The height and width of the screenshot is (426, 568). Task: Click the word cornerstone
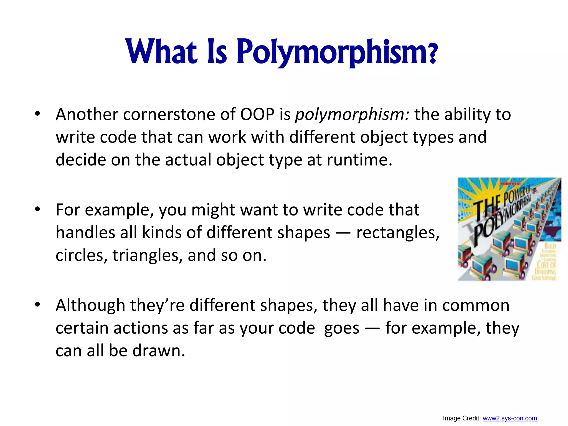click(x=169, y=114)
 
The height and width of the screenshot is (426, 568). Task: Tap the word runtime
click(x=359, y=160)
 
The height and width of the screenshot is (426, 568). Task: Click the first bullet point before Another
click(x=37, y=114)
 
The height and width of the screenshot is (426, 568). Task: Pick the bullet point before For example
click(x=37, y=209)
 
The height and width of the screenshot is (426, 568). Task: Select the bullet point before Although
click(x=37, y=305)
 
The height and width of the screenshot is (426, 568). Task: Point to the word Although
click(x=90, y=305)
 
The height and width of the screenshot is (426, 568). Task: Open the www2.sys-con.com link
click(x=510, y=418)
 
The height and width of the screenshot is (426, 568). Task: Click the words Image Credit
click(x=461, y=418)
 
